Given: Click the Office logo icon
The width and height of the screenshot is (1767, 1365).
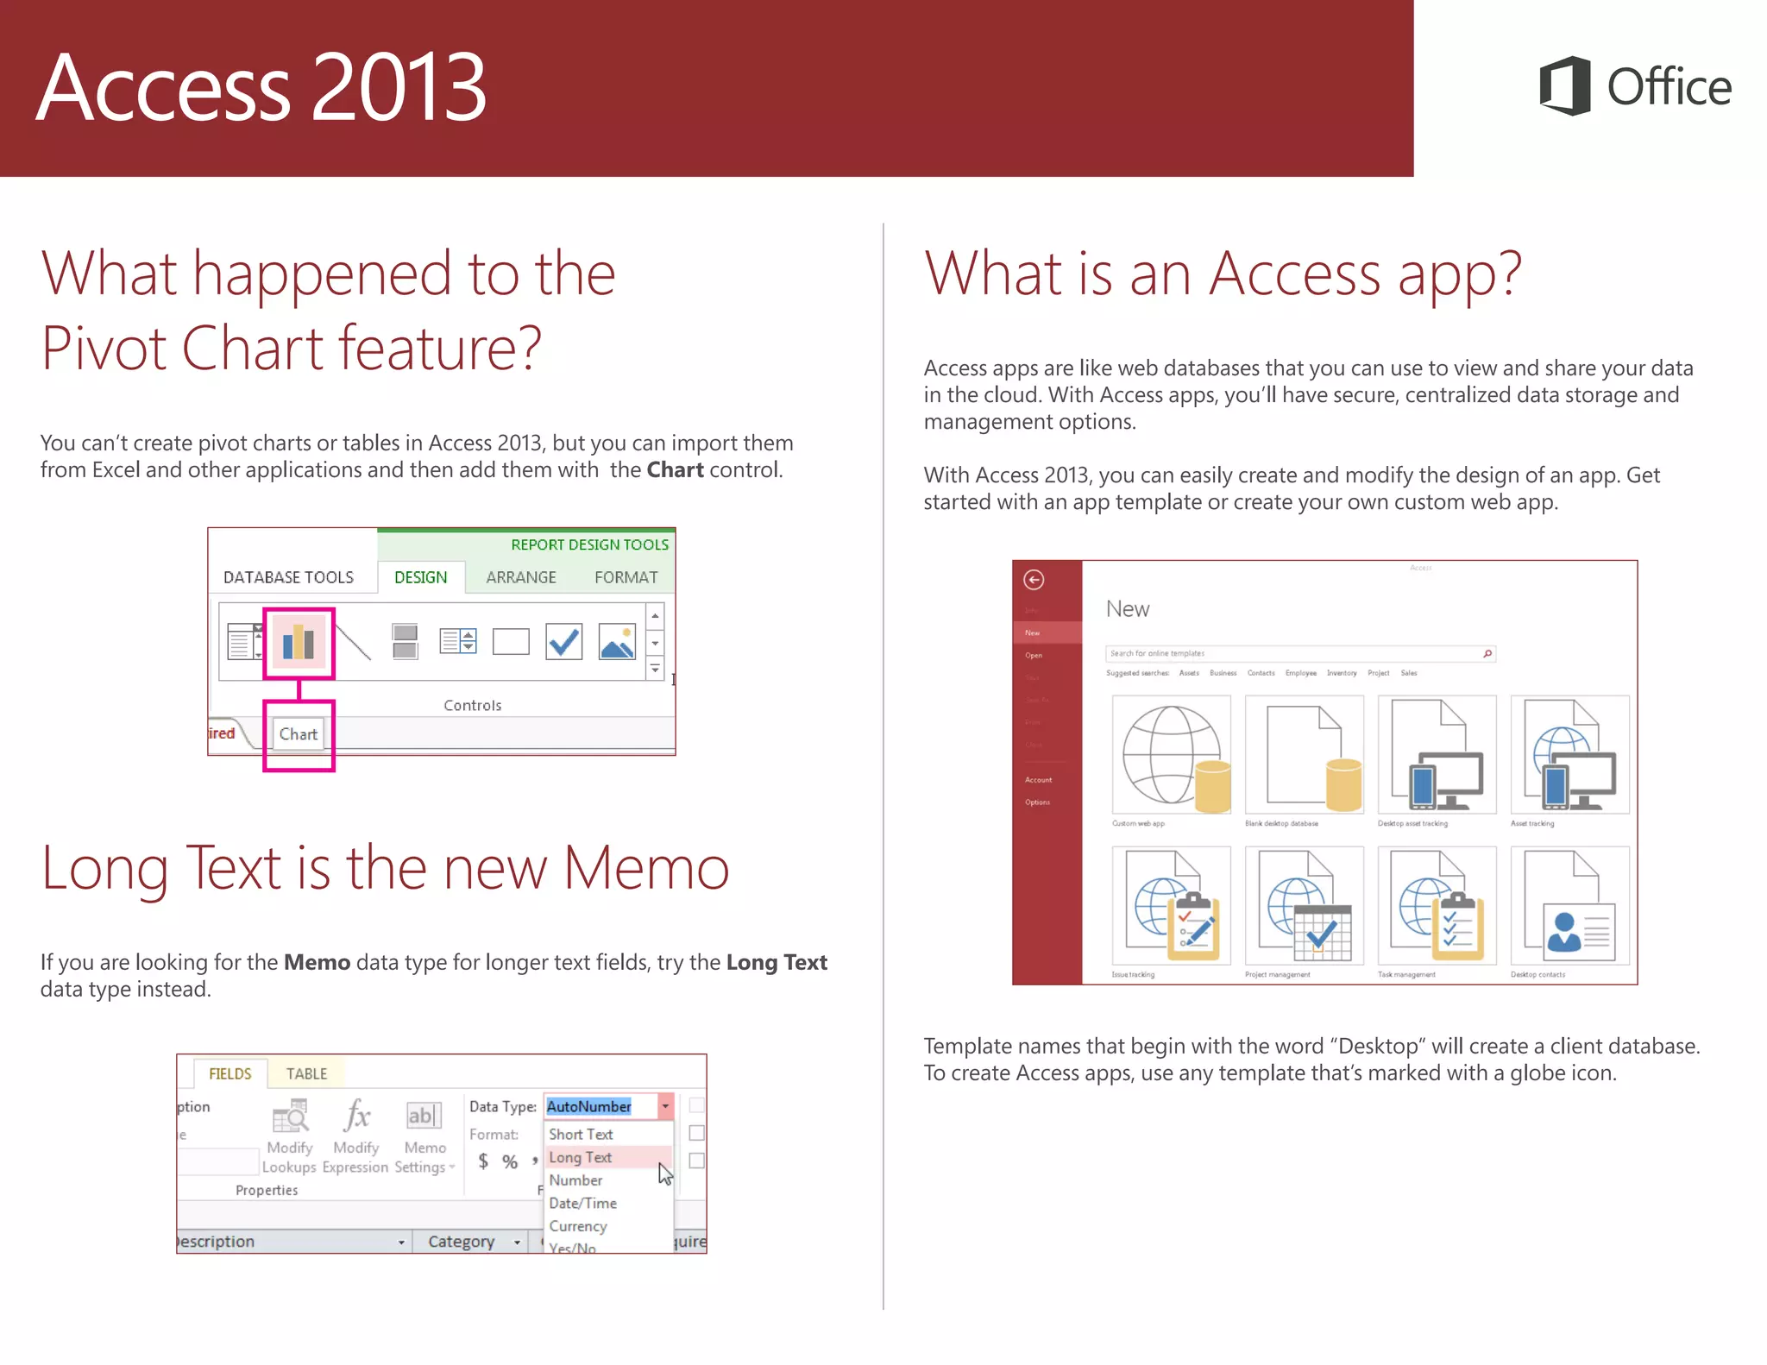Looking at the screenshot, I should (1565, 86).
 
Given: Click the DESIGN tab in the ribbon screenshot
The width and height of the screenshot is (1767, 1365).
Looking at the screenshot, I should (420, 577).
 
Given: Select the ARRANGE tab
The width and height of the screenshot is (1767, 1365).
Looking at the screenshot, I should (520, 577).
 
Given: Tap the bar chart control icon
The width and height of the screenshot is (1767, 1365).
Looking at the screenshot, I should (299, 642).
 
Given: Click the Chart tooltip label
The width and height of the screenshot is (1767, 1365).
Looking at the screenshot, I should (299, 734).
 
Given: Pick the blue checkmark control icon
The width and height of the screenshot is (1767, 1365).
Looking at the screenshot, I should (563, 642).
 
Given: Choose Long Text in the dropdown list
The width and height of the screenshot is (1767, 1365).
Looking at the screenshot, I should (581, 1157).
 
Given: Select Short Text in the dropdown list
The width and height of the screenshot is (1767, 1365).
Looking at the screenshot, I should (581, 1134).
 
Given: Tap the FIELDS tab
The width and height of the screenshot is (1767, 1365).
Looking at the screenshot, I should (230, 1073).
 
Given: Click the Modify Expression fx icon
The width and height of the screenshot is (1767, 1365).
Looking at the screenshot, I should (356, 1116).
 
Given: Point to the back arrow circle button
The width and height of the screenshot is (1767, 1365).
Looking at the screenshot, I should (1034, 580).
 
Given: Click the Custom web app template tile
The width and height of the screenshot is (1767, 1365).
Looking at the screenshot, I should (1171, 755).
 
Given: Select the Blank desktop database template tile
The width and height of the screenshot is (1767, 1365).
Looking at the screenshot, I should (1304, 755).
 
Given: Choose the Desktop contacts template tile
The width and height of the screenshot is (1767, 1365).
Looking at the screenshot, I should (1569, 906).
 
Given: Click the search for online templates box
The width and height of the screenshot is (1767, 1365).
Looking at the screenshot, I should (1294, 653).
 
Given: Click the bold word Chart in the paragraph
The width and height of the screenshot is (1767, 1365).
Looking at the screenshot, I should (675, 470).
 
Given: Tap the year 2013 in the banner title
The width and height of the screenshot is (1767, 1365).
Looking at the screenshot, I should (399, 88).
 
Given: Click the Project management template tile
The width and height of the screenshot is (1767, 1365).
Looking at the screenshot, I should (1304, 906).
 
